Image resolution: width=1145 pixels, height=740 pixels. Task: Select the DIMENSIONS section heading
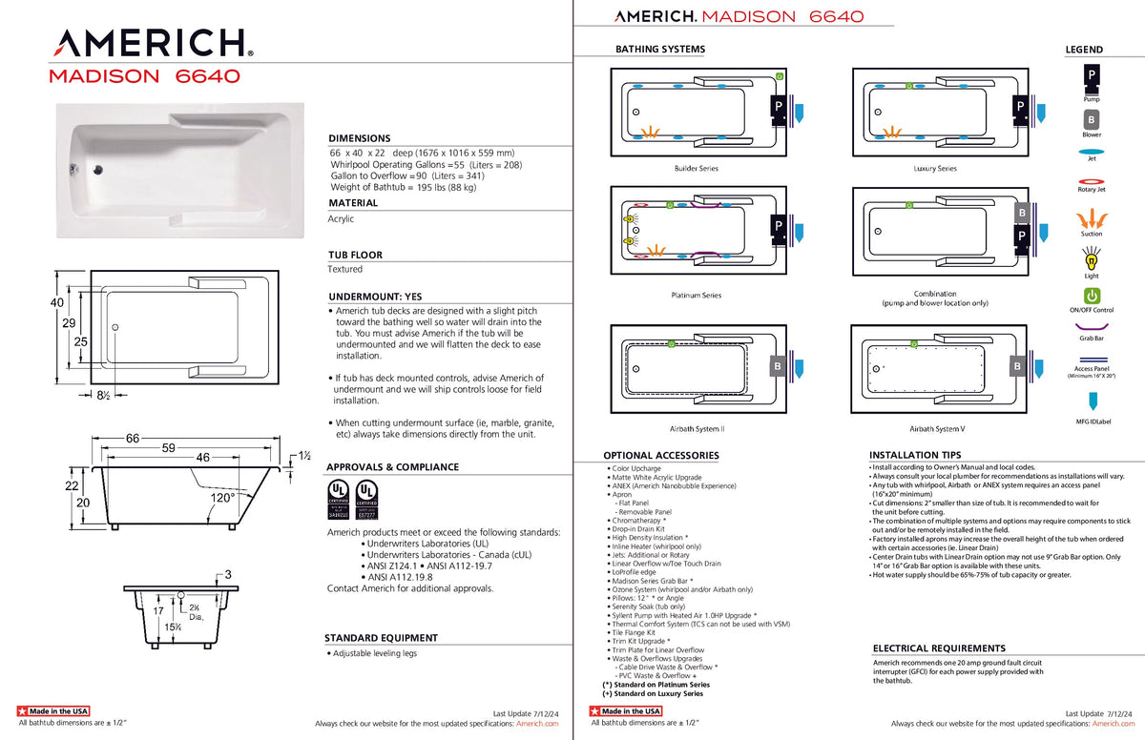click(x=360, y=138)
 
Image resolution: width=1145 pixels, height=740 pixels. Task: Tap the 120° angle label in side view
click(x=222, y=498)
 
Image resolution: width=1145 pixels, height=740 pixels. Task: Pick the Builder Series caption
click(x=696, y=169)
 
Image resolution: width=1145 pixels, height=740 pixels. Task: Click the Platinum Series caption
click(x=696, y=296)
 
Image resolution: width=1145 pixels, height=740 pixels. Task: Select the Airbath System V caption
click(x=936, y=429)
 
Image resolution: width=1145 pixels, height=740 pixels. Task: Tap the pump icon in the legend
click(x=1091, y=75)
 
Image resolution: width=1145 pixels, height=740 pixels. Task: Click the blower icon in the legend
click(x=1091, y=120)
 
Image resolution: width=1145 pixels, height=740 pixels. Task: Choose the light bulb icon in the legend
click(x=1091, y=257)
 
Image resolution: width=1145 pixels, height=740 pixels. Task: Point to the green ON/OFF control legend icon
click(x=1092, y=296)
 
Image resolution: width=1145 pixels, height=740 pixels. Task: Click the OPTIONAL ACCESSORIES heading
click(x=661, y=456)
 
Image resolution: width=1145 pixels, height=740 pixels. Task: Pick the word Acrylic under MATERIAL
click(x=341, y=219)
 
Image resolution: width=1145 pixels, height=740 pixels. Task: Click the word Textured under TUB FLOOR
click(x=345, y=270)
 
